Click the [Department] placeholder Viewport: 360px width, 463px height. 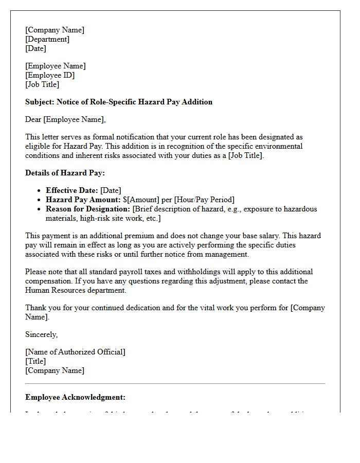pyautogui.click(x=47, y=39)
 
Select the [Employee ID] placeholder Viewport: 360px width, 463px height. pyautogui.click(x=50, y=75)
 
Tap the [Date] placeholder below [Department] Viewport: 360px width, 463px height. pyautogui.click(x=35, y=48)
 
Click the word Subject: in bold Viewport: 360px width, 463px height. pyautogui.click(x=40, y=102)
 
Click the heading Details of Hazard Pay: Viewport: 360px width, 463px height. pyautogui.click(x=65, y=173)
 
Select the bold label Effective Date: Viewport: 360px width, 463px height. pyautogui.click(x=72, y=190)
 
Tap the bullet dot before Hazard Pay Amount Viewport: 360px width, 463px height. pyautogui.click(x=40, y=200)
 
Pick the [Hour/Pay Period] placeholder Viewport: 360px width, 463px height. pyautogui.click(x=204, y=200)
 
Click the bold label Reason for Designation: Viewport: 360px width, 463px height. pyautogui.click(x=88, y=209)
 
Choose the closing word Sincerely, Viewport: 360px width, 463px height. pyautogui.click(x=41, y=334)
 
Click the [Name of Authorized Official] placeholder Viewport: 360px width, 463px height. pyautogui.click(x=75, y=352)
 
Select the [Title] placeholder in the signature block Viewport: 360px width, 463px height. pyautogui.click(x=35, y=361)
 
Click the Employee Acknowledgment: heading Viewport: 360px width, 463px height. pyautogui.click(x=75, y=397)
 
